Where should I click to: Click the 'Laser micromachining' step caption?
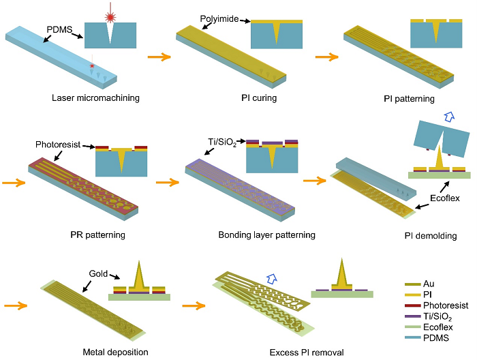[x=95, y=98]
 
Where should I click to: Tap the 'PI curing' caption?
[x=259, y=98]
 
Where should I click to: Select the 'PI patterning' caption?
[x=409, y=99]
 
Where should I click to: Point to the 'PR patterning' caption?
[x=97, y=235]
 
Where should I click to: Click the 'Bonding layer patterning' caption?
[x=267, y=235]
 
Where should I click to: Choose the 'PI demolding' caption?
[x=431, y=235]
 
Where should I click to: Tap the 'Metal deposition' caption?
[x=116, y=352]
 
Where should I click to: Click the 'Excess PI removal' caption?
[x=307, y=352]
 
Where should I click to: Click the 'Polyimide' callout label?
[x=219, y=19]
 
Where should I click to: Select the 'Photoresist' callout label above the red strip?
[x=58, y=145]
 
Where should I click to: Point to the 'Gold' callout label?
[x=98, y=273]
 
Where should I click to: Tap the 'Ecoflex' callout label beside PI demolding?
[x=445, y=198]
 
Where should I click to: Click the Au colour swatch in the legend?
[x=412, y=284]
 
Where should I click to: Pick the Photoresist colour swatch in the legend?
[x=412, y=305]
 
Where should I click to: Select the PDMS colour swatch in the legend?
[x=412, y=337]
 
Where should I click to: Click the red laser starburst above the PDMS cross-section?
[x=110, y=17]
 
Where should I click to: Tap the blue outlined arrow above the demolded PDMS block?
[x=449, y=117]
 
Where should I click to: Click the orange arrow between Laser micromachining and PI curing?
[x=159, y=57]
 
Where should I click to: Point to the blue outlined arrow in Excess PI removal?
[x=272, y=278]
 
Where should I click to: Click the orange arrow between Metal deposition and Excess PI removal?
[x=194, y=305]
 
